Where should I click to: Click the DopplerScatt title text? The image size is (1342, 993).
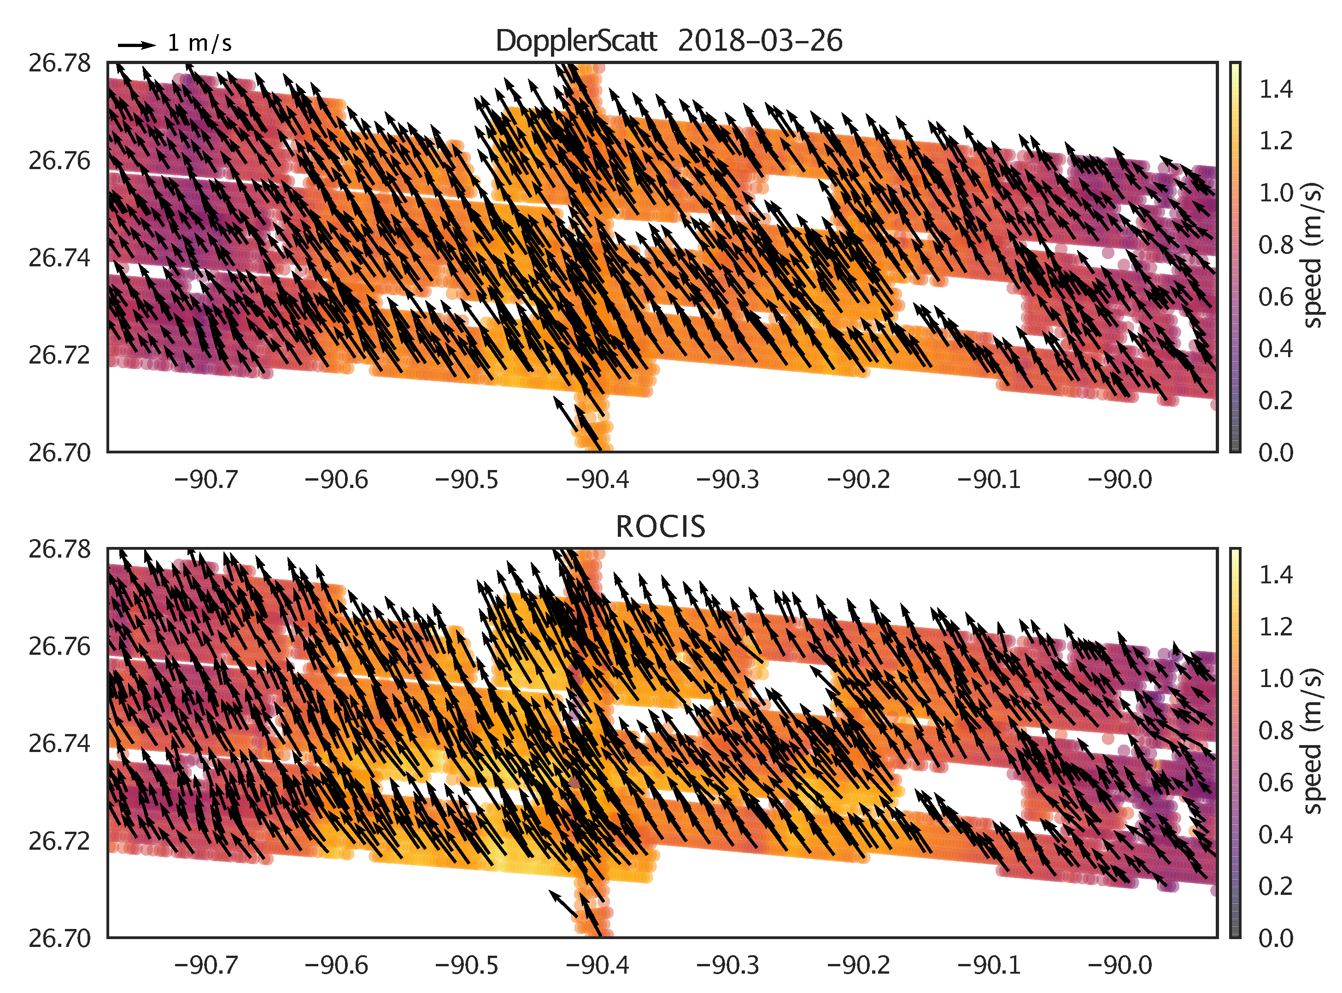(x=668, y=41)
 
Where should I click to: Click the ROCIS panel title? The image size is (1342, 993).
(x=661, y=527)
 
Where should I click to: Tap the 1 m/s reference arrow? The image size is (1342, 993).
(x=136, y=45)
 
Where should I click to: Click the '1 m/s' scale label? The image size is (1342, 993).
(x=199, y=43)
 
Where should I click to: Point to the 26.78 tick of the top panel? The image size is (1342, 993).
(x=59, y=63)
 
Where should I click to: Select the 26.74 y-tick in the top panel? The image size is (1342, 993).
(x=59, y=258)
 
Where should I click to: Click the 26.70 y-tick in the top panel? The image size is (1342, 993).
(x=59, y=452)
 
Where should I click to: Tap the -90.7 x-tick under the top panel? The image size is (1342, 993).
(x=206, y=480)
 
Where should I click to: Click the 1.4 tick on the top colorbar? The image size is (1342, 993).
(x=1275, y=89)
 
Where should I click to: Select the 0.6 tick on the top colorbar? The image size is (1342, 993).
(x=1275, y=297)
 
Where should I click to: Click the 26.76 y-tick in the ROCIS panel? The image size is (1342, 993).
(x=59, y=647)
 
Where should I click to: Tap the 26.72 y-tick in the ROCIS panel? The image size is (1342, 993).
(x=59, y=841)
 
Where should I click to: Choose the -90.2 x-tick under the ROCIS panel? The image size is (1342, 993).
(x=858, y=965)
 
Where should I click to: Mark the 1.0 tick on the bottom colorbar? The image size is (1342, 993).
(x=1275, y=679)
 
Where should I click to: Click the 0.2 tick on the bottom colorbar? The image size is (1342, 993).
(x=1275, y=887)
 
